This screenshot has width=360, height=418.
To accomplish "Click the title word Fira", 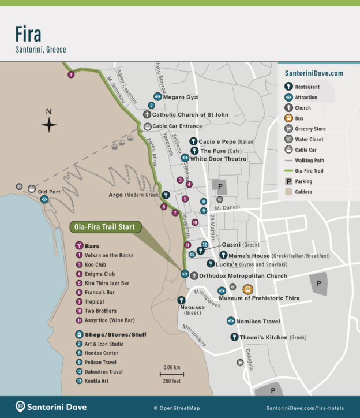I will click(x=28, y=34).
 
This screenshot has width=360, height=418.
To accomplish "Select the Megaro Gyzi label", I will click(x=180, y=97).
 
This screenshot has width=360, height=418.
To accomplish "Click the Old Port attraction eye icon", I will click(x=45, y=199).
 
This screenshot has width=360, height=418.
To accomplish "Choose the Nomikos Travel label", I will click(x=260, y=321).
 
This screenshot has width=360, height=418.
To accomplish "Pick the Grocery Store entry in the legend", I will click(x=310, y=129).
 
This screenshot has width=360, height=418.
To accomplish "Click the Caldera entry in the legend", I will click(x=304, y=191).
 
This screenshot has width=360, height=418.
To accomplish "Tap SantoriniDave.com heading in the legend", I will click(x=314, y=73).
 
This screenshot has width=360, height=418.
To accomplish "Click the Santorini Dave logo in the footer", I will click(x=51, y=407).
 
